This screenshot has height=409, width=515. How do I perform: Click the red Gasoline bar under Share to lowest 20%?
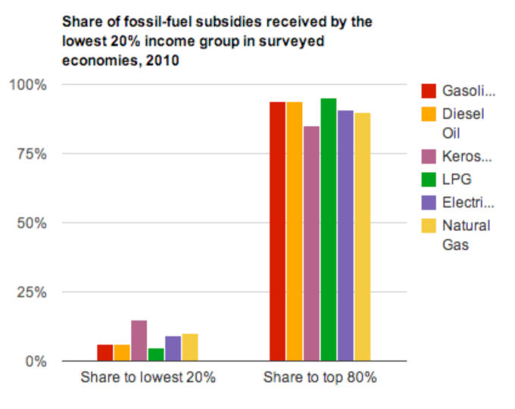105,353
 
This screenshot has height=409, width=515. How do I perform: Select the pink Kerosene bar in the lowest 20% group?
139,341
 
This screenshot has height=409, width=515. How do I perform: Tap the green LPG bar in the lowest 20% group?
156,354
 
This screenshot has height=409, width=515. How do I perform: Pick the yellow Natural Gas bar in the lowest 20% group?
189,348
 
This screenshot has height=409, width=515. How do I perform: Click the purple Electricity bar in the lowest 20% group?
173,348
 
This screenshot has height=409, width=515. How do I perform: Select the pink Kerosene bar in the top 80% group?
311,243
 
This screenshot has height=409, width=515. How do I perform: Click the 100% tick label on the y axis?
28,84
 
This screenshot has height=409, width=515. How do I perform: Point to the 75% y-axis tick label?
31,154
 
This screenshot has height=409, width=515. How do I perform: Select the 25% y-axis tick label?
31,292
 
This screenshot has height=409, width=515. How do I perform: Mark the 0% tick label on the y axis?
35,361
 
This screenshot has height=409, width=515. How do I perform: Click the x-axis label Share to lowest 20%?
148,377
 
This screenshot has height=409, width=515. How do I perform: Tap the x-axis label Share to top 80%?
320,377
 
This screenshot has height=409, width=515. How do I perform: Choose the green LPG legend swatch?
429,180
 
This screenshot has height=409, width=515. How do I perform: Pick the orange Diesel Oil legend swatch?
429,114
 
